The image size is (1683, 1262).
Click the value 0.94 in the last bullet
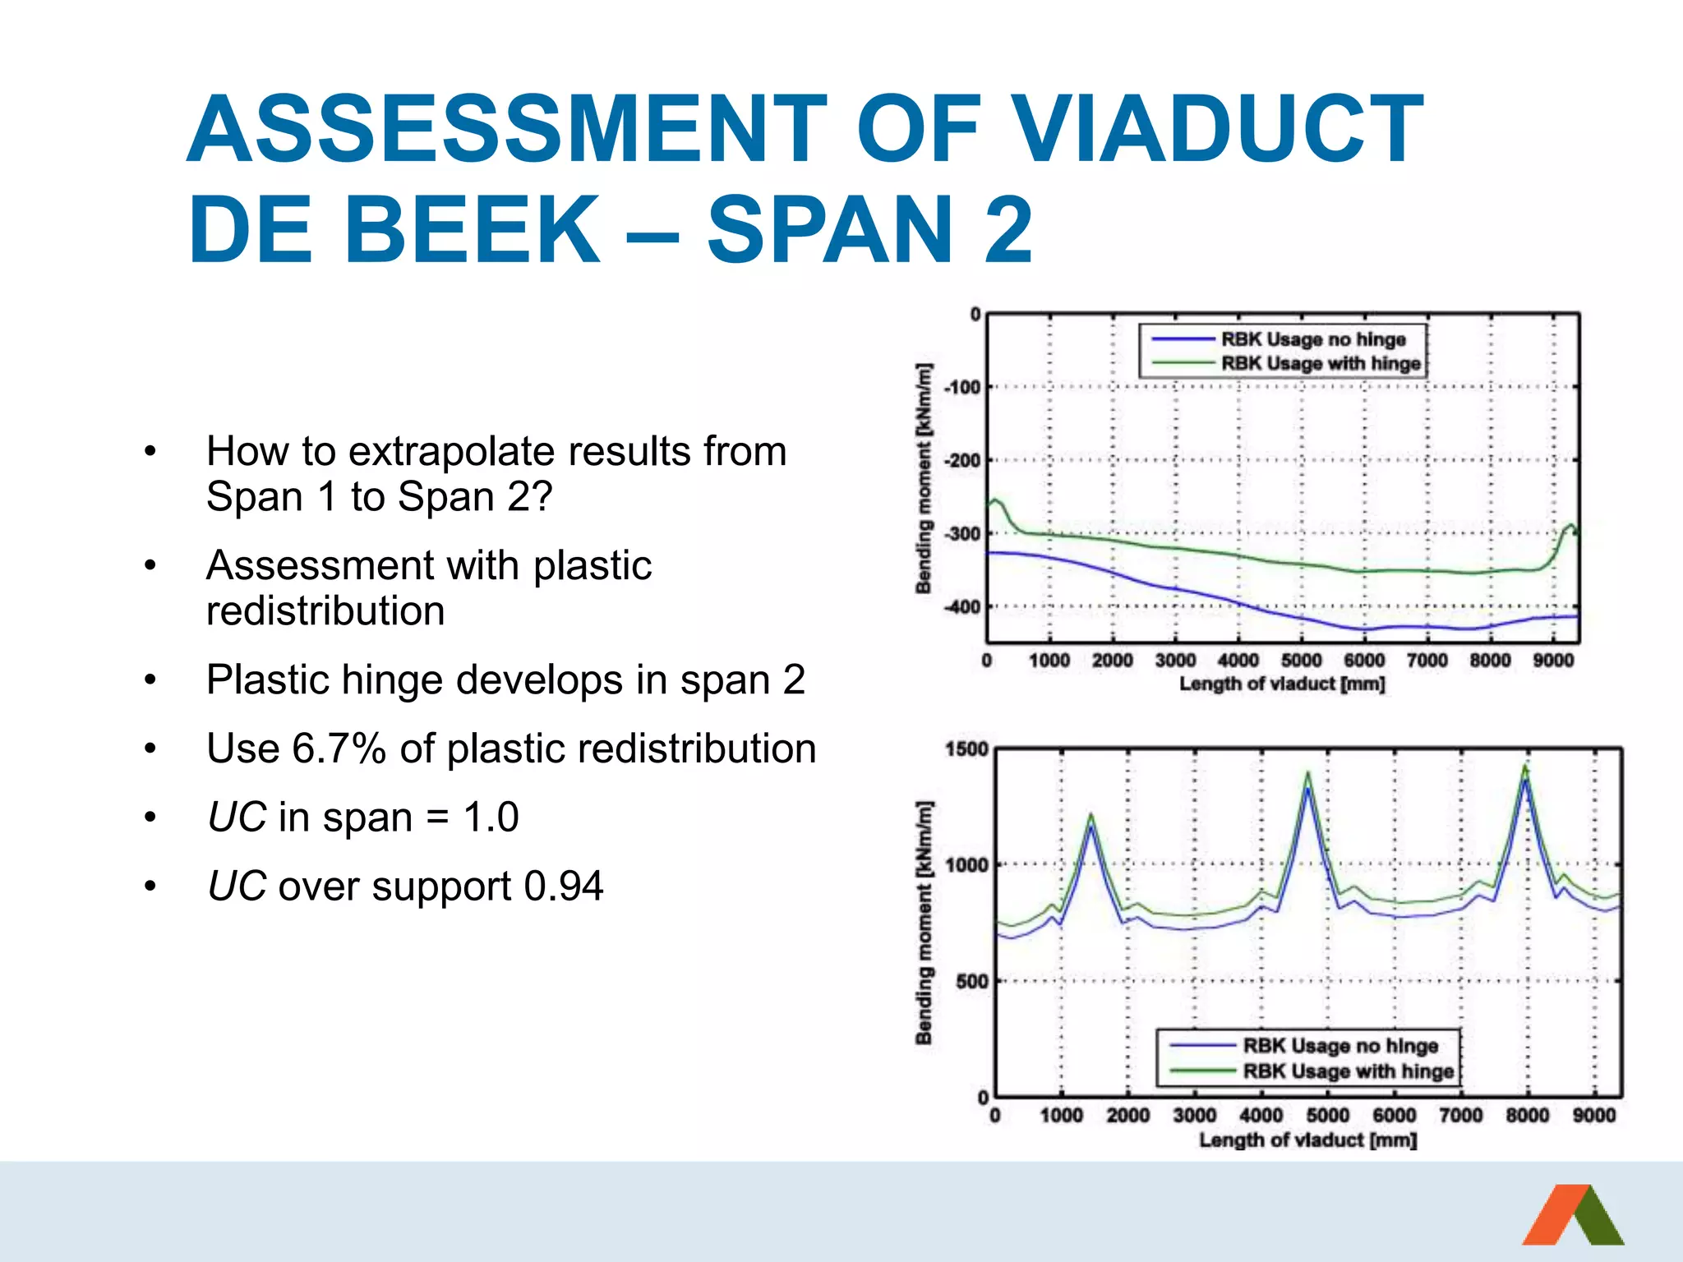[x=563, y=887]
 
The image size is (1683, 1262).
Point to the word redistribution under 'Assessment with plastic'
[x=325, y=611]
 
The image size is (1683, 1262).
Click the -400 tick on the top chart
[x=961, y=607]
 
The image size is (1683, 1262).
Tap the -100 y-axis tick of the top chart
[x=961, y=387]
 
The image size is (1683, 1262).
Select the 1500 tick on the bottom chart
[x=966, y=749]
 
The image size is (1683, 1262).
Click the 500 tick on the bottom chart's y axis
[x=971, y=982]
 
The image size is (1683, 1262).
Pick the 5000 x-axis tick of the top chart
[x=1301, y=661]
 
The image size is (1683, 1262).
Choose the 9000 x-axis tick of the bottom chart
[x=1593, y=1116]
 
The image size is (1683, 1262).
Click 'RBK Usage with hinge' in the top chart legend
[x=1320, y=363]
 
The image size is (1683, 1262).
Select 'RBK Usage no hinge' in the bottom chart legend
[x=1339, y=1046]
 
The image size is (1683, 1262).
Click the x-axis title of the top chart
[x=1282, y=684]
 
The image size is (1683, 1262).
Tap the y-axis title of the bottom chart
[x=924, y=922]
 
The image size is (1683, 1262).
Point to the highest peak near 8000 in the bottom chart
[x=1525, y=767]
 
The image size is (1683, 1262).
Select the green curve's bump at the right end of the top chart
[x=1570, y=526]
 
